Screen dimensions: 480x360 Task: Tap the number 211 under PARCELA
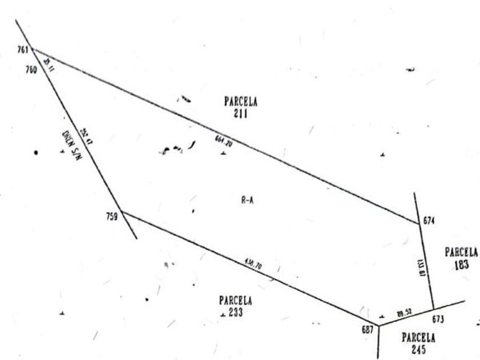[241, 113]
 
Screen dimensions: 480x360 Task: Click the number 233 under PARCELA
[235, 312]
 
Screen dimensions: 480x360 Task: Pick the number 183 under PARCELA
[462, 265]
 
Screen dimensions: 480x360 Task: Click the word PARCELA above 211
[241, 102]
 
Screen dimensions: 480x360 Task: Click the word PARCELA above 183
[461, 252]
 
